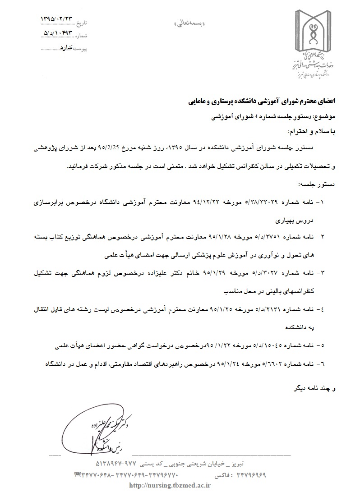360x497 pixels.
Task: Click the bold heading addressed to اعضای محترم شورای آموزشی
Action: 263,103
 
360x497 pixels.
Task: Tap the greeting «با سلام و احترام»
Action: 311,132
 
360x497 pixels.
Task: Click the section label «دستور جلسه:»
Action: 314,185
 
